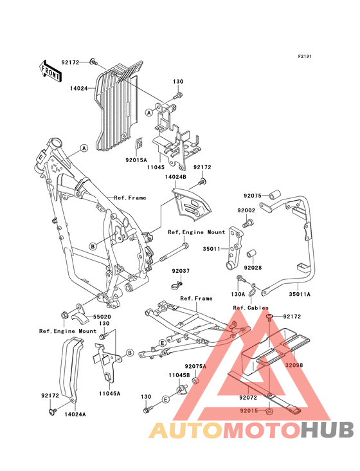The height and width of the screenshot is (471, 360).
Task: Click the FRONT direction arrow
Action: [50, 71]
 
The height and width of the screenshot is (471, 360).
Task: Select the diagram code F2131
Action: [305, 56]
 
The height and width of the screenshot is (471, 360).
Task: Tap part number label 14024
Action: [79, 88]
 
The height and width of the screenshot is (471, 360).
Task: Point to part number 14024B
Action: [175, 177]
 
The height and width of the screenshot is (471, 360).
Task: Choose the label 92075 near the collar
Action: [253, 196]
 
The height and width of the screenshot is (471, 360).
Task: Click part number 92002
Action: [246, 210]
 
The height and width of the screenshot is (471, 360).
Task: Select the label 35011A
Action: [300, 295]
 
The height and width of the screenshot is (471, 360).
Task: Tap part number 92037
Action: [181, 271]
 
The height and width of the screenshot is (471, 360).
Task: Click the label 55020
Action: [102, 317]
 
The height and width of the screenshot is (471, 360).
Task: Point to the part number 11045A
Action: [109, 393]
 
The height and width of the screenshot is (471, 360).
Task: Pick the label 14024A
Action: [75, 414]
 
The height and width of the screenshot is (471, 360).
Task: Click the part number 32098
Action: [294, 365]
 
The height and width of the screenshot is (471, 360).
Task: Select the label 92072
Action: [248, 398]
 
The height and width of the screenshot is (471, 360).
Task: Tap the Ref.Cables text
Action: [251, 308]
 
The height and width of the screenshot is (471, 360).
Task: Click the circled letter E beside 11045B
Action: [165, 399]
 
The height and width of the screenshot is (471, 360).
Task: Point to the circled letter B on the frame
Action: [93, 246]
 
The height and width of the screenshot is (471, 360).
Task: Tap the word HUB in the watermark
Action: [327, 430]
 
